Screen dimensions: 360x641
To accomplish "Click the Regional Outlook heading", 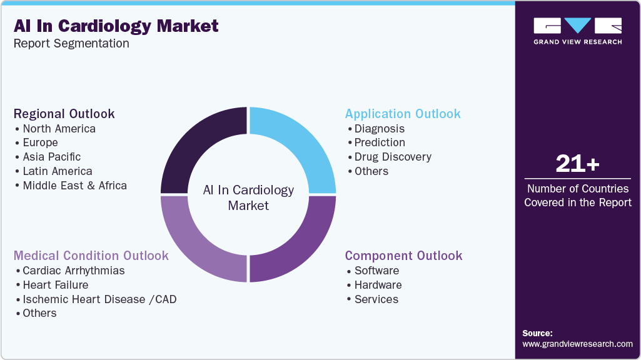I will tap(64, 114).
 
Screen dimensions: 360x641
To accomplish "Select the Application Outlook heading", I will tap(403, 114).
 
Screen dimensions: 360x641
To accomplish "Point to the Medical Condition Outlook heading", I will tap(91, 256).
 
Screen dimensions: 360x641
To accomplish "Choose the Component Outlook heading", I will tap(403, 256).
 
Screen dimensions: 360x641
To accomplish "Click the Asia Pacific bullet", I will tap(51, 157).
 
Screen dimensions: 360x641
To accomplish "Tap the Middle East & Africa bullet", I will tap(74, 186).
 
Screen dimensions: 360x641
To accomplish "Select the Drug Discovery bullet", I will tap(393, 157).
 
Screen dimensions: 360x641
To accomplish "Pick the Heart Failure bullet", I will tap(55, 285).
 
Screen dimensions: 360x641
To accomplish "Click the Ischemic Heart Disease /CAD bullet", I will tap(99, 299).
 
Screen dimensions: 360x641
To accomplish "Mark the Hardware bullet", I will tap(378, 285).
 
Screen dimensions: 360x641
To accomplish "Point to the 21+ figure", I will tap(577, 164).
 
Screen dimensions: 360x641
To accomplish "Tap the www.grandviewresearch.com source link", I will tap(577, 344).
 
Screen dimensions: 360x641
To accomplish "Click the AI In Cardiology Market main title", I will tap(116, 26).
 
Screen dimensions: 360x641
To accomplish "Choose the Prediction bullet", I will tap(380, 142).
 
